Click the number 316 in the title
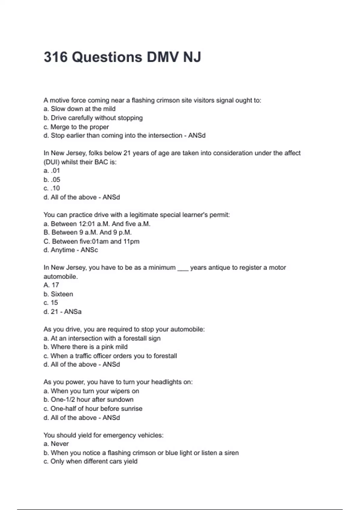pos(55,57)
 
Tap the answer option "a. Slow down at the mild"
pos(79,109)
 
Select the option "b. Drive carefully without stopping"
pos(93,118)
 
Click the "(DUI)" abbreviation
pos(51,162)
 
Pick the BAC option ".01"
pos(55,170)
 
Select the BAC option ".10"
pos(55,188)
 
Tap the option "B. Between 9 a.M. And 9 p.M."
pos(88,232)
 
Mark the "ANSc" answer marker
pos(89,250)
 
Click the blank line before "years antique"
pos(183,268)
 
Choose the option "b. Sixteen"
pos(58,294)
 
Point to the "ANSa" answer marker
pos(73,311)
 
